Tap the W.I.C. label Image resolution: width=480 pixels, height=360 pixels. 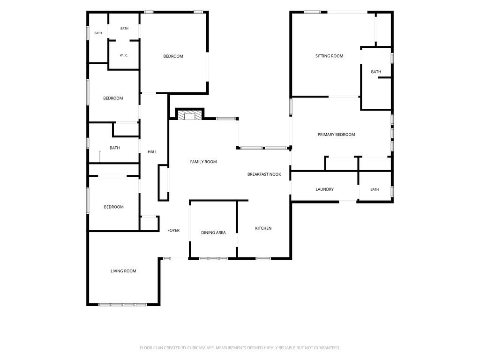124,55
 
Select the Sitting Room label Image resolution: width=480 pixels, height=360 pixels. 329,56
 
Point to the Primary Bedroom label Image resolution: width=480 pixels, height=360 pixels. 336,135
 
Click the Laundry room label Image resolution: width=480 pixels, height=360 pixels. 324,189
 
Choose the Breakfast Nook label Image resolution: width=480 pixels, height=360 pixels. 264,174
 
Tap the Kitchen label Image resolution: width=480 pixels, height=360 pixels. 263,228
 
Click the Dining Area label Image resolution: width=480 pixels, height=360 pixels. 213,232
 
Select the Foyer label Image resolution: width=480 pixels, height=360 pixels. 173,230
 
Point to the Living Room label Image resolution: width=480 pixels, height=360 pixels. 123,271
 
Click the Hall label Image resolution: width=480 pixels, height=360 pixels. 152,152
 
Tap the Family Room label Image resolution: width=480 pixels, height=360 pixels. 203,162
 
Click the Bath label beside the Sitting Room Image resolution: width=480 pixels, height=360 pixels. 376,72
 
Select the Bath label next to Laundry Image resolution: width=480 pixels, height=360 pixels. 375,189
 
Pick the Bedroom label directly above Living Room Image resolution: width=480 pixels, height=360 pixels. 113,207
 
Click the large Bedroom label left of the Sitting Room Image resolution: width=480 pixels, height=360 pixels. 173,56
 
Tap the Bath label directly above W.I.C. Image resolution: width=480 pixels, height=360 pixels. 124,29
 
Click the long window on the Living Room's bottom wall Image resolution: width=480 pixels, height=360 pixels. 123,305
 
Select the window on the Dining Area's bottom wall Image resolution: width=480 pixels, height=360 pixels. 213,259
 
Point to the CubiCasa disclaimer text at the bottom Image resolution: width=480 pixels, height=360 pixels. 240,348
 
